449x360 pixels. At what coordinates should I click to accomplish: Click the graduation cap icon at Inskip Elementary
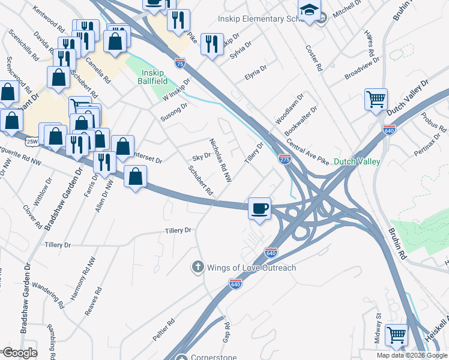pos(310,11)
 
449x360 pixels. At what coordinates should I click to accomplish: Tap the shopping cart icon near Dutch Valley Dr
pos(376,99)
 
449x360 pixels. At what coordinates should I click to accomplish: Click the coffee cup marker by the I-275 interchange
pos(259,208)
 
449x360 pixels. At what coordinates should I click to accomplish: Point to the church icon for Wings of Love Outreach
pos(197,267)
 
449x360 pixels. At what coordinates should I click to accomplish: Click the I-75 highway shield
pos(180,62)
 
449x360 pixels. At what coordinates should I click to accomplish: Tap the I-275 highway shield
pos(285,159)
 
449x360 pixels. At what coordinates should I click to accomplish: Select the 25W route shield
pos(32,141)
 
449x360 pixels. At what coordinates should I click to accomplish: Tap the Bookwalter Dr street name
pos(301,121)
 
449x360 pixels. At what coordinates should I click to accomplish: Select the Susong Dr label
pos(174,112)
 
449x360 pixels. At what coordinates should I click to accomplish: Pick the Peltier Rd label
pos(163,330)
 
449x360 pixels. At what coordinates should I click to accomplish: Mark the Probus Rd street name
pos(433,122)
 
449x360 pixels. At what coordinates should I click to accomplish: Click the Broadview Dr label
pos(362,68)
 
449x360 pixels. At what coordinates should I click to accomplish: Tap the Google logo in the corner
pos(20,353)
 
